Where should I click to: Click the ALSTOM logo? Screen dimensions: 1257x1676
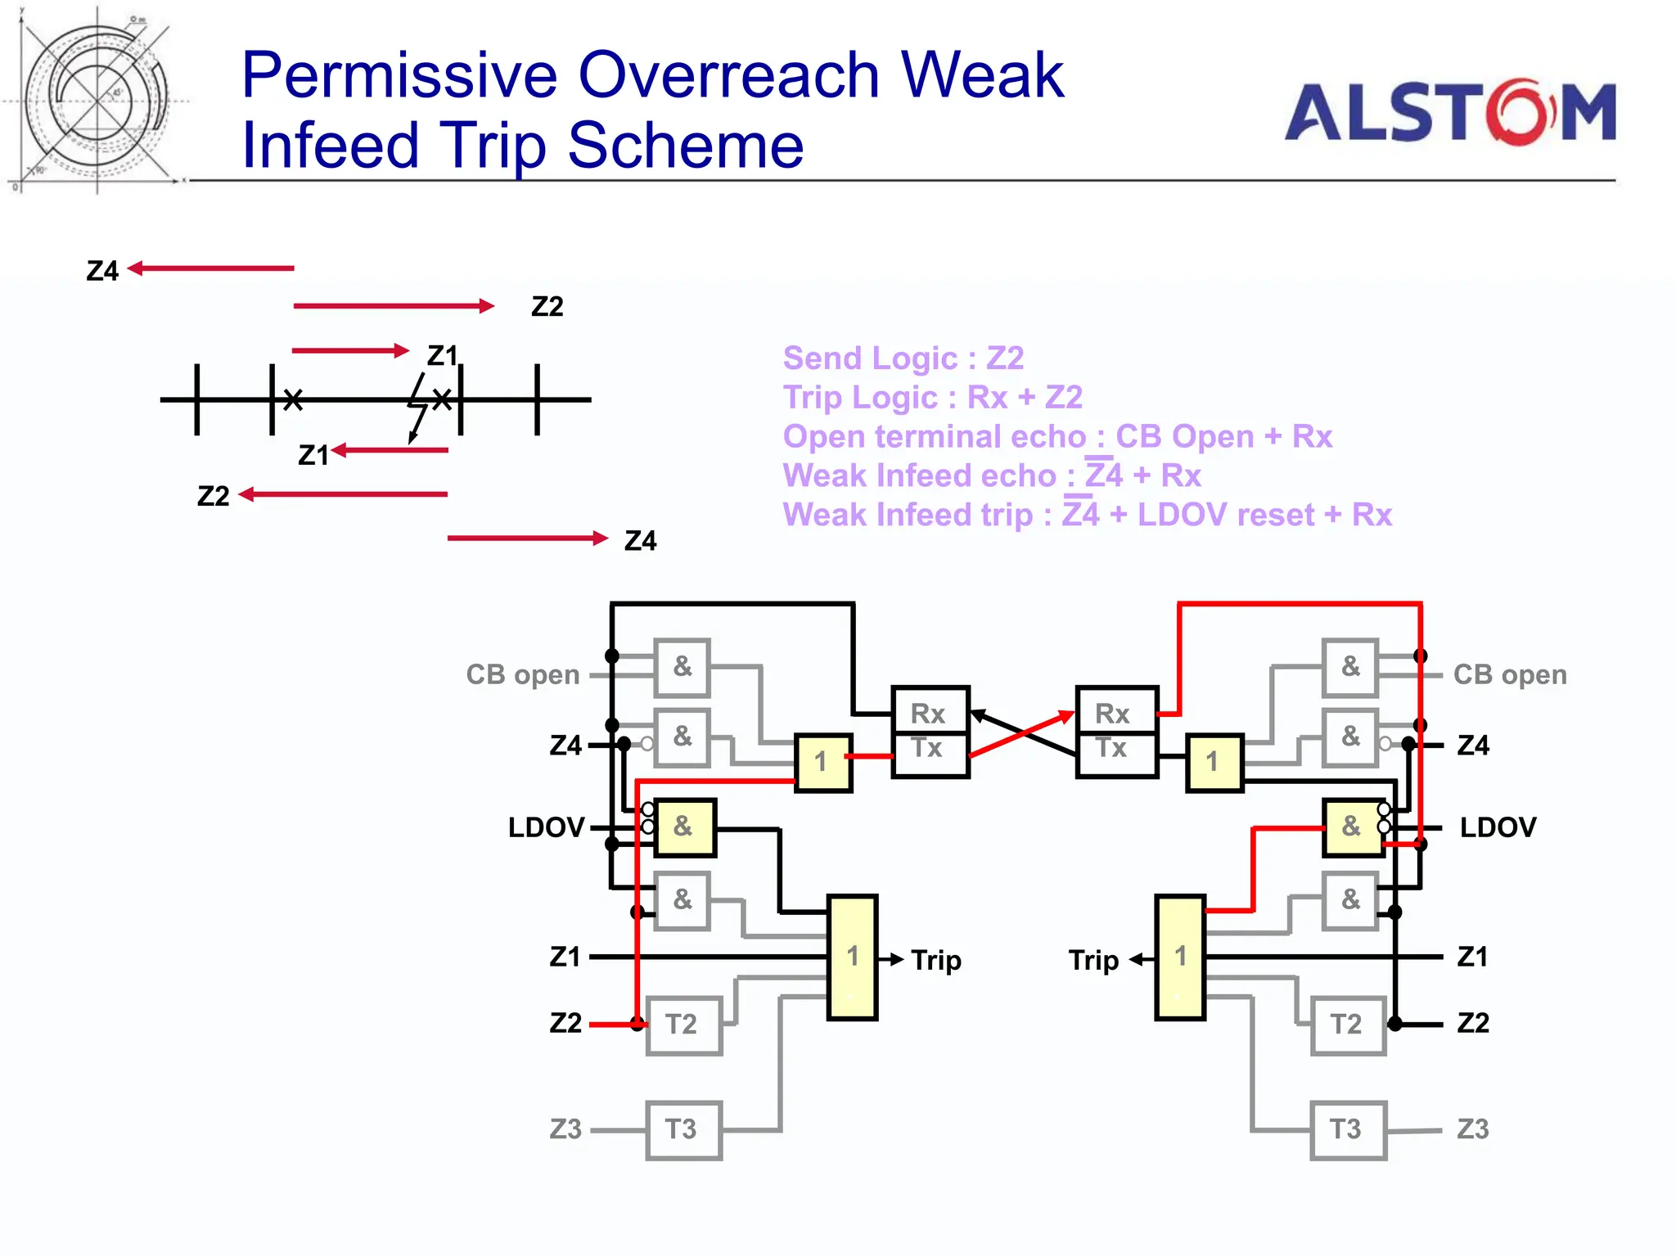click(x=1449, y=112)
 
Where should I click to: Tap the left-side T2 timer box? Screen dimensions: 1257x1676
click(x=683, y=1025)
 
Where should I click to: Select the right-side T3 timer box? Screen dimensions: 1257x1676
click(x=1348, y=1130)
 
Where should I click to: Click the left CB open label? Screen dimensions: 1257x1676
click(x=523, y=675)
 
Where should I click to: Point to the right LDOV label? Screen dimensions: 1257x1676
click(x=1498, y=827)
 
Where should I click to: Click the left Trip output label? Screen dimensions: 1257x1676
click(x=935, y=960)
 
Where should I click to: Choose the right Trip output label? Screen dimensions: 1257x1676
click(x=1093, y=960)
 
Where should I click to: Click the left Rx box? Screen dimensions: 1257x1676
click(x=930, y=712)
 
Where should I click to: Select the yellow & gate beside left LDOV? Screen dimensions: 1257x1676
click(x=684, y=827)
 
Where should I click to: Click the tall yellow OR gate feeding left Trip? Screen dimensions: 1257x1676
click(x=852, y=957)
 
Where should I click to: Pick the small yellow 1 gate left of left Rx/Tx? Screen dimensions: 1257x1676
click(x=823, y=763)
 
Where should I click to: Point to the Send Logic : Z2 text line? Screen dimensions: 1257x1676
click(x=903, y=358)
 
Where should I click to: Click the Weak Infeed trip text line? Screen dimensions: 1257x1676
click(x=1087, y=515)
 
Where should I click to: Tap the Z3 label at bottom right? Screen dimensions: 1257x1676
click(x=1472, y=1129)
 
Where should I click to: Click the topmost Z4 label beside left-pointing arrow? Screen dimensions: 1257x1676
click(x=102, y=271)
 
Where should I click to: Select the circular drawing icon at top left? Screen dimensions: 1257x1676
click(x=97, y=101)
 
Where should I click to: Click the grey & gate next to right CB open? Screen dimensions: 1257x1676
click(x=1350, y=667)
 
